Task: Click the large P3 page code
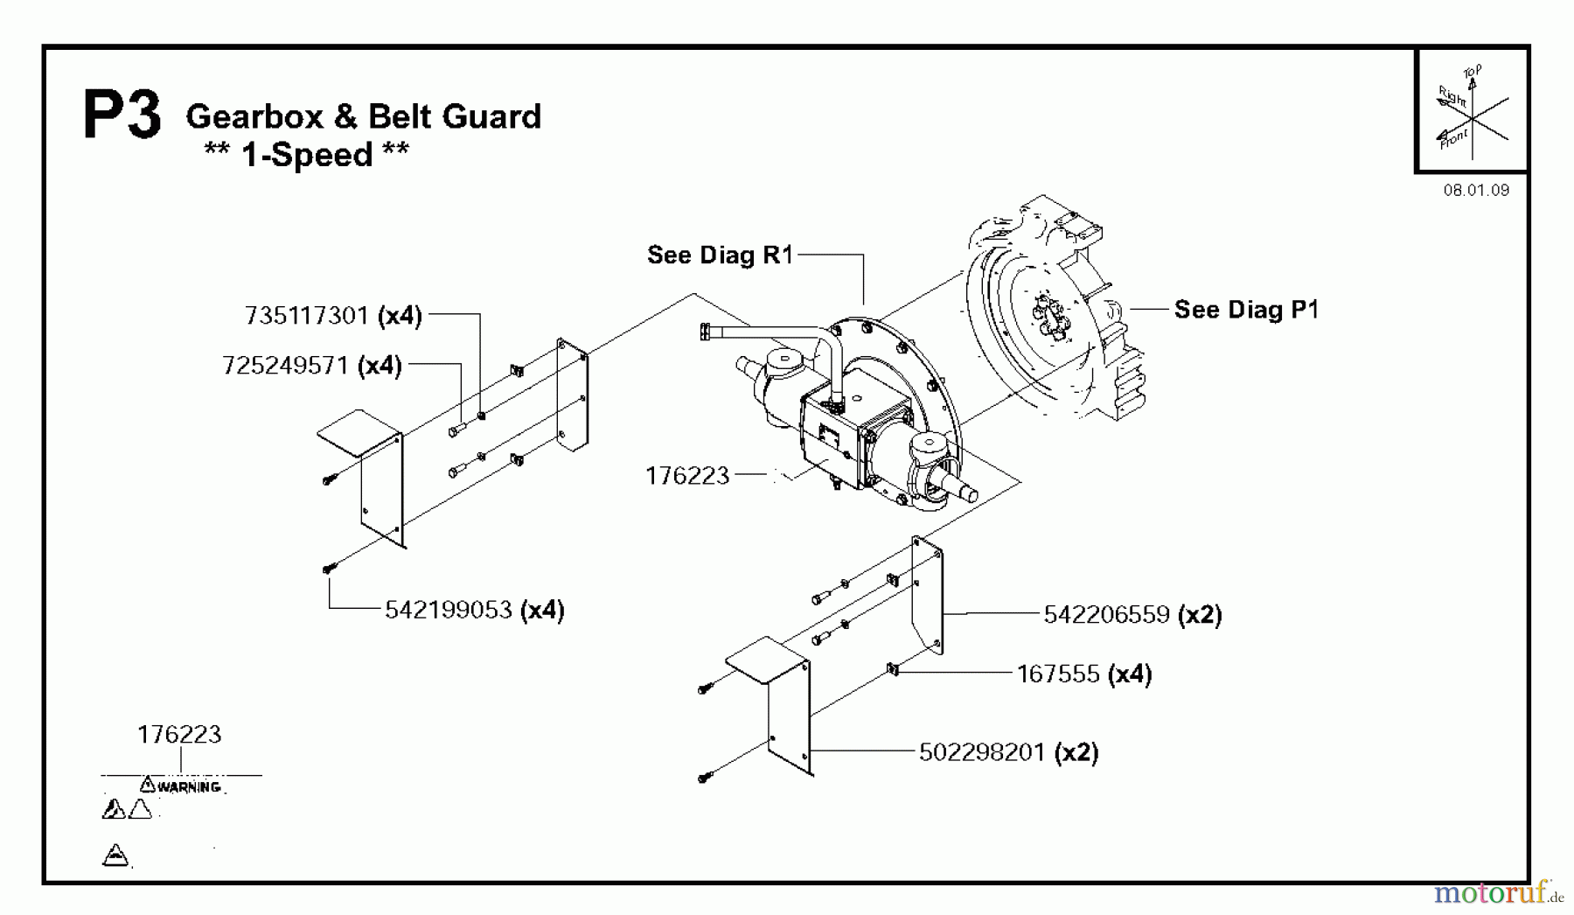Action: pyautogui.click(x=122, y=116)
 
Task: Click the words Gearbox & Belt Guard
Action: pyautogui.click(x=364, y=116)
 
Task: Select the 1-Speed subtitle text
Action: pyautogui.click(x=307, y=155)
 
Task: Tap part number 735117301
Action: pyautogui.click(x=307, y=315)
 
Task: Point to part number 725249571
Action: pyautogui.click(x=286, y=365)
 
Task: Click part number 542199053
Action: pyautogui.click(x=449, y=610)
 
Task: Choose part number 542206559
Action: pyautogui.click(x=1107, y=615)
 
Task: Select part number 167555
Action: pyautogui.click(x=1057, y=674)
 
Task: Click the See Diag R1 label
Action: pyautogui.click(x=720, y=255)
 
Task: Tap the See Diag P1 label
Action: pyautogui.click(x=1246, y=309)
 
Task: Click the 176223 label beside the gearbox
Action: pyautogui.click(x=686, y=475)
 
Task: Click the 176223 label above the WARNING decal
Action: pyautogui.click(x=179, y=734)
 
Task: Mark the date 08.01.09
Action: pyautogui.click(x=1476, y=190)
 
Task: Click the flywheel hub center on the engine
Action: pyautogui.click(x=1048, y=318)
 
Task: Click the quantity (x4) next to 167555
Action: pyautogui.click(x=1130, y=674)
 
